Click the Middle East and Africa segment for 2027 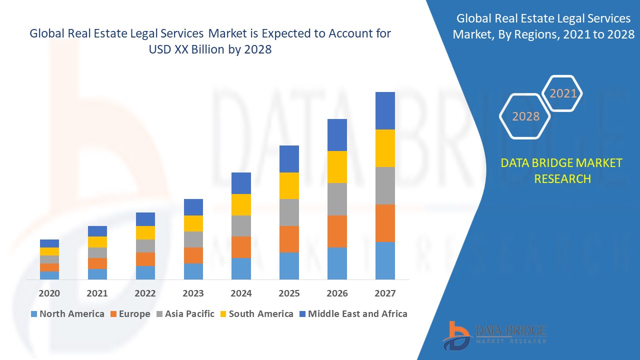click(x=385, y=110)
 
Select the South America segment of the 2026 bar click(x=337, y=166)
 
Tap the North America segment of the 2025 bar click(x=289, y=265)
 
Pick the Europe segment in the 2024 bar click(x=241, y=247)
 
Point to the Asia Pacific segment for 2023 click(x=193, y=239)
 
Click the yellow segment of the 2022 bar click(x=145, y=232)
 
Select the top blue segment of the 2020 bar click(x=49, y=243)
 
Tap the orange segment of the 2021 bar click(x=97, y=263)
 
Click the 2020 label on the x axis click(x=49, y=293)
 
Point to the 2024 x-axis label click(x=241, y=293)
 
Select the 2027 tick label click(x=385, y=293)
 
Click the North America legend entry click(x=67, y=314)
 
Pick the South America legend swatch click(x=223, y=314)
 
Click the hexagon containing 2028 click(x=525, y=116)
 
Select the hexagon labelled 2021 click(x=563, y=93)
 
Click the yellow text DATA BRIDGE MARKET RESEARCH click(x=562, y=170)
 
